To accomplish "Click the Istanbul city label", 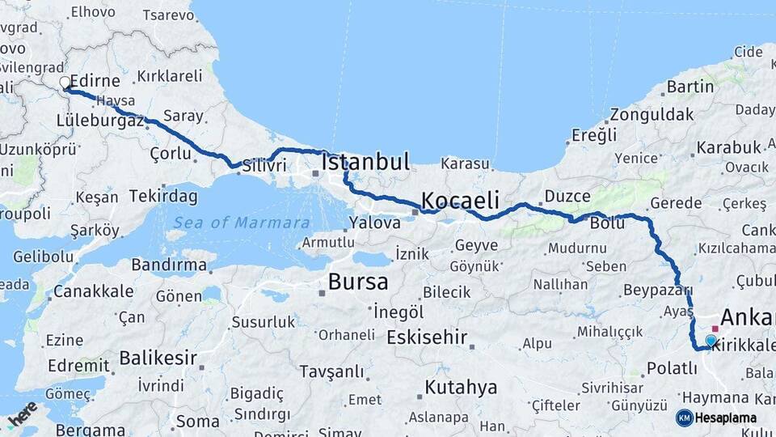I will tap(365, 161).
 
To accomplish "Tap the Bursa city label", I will tap(357, 282).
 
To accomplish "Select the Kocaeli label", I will tap(459, 200).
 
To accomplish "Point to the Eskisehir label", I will tap(427, 337).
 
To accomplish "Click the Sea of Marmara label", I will tap(242, 222).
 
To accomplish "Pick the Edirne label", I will tap(95, 82).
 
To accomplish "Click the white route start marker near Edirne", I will tap(65, 83).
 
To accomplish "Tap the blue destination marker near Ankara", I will tap(711, 342).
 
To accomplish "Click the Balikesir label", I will tap(159, 357).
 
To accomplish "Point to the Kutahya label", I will tap(461, 388).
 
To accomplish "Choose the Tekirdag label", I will tap(165, 197).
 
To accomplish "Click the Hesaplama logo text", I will tap(726, 418).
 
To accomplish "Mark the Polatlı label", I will tap(671, 368).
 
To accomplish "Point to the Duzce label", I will tap(567, 196).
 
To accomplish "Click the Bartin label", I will tap(690, 87).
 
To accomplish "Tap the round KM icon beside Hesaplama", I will tap(684, 418).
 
